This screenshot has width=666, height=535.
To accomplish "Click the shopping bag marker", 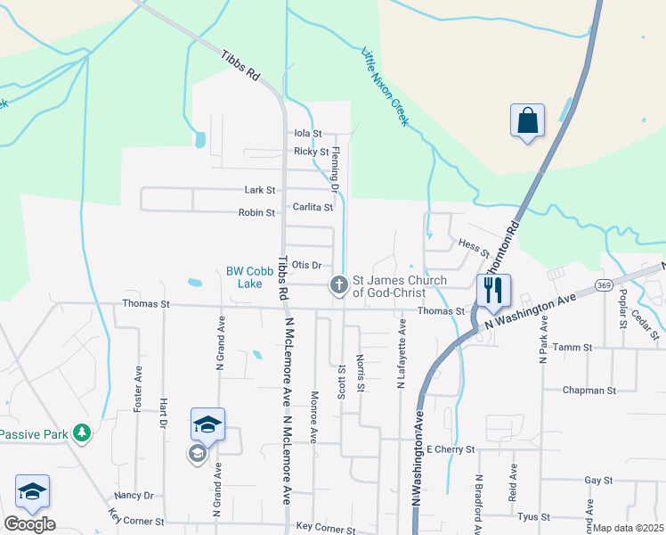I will pyautogui.click(x=527, y=120).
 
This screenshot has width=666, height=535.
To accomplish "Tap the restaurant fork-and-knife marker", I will pyautogui.click(x=492, y=290).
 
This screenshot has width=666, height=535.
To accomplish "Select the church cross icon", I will pyautogui.click(x=338, y=285).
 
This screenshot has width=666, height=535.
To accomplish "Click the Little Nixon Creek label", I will pyautogui.click(x=384, y=86).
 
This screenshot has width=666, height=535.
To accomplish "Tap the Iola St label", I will pyautogui.click(x=307, y=134).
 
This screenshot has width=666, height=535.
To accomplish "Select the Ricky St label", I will pyautogui.click(x=311, y=152).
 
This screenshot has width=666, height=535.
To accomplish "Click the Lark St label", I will pyautogui.click(x=260, y=190).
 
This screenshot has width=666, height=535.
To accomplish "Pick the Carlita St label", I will pyautogui.click(x=313, y=208).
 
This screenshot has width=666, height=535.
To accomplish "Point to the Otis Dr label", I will pyautogui.click(x=305, y=265).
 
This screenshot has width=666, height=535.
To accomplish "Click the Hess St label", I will pyautogui.click(x=474, y=248).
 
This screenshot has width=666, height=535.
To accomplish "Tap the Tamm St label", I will pyautogui.click(x=576, y=347).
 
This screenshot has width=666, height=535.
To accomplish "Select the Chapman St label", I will pyautogui.click(x=589, y=391).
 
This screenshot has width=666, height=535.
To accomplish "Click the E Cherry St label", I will pyautogui.click(x=451, y=449).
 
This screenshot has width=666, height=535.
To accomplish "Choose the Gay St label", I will pyautogui.click(x=599, y=481).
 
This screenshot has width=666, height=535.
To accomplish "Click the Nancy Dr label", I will pyautogui.click(x=134, y=496).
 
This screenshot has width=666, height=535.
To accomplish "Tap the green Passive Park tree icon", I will pyautogui.click(x=82, y=433).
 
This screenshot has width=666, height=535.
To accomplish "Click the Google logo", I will pyautogui.click(x=29, y=524).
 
